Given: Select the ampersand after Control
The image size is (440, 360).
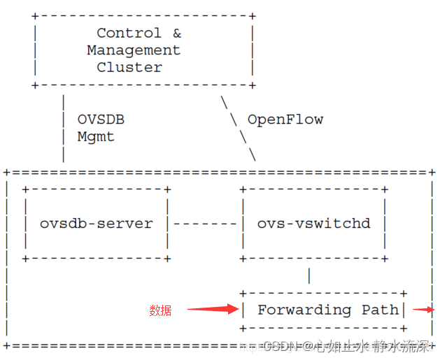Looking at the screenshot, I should coord(176,33).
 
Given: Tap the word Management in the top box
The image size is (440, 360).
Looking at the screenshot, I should coord(134,50).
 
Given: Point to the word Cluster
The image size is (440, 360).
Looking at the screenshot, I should coord(129,67).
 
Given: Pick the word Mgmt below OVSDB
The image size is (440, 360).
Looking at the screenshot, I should coord(96,137).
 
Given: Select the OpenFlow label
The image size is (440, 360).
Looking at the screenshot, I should coord(285,120).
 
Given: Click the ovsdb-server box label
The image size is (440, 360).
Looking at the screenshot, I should coord(96,224).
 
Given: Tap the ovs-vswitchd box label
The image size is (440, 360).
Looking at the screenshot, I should coord(313,224).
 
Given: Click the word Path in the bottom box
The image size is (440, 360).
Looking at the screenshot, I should coord(378,310).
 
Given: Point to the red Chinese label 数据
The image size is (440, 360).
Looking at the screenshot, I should coord(160,310).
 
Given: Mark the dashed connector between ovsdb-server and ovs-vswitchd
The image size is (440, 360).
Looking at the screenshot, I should coord(205,224).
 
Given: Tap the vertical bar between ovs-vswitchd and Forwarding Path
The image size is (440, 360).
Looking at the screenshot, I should coord(309,275).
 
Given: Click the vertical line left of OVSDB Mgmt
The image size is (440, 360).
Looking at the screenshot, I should coord(64,128).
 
